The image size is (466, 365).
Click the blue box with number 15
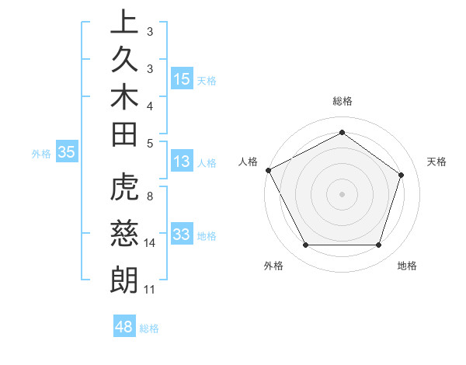182,78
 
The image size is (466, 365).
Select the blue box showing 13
182,162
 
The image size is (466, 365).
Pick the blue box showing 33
182,235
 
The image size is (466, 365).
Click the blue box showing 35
66,152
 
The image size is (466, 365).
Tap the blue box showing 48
124,327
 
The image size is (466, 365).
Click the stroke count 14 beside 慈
150,243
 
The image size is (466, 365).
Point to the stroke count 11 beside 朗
150,290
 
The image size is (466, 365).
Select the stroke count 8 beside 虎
150,196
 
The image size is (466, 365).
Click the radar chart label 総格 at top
342,101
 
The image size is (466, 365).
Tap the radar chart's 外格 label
273,266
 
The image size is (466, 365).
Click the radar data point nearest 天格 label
401,175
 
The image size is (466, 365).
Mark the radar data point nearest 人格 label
268,170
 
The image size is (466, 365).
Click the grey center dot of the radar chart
342,193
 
